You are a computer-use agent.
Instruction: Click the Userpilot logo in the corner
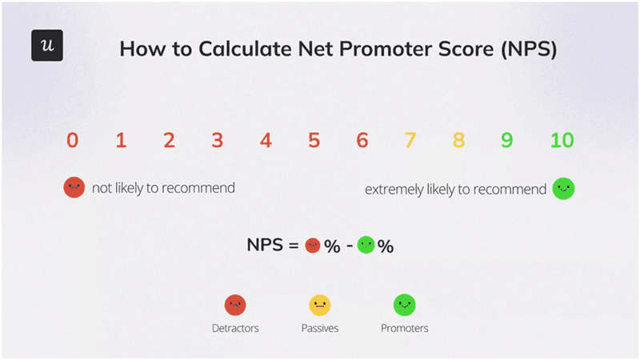(46, 46)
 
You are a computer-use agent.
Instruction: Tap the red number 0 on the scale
(73, 141)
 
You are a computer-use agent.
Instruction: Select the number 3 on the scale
(217, 141)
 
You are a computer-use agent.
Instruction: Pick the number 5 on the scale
(314, 141)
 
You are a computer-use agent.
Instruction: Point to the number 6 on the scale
(362, 141)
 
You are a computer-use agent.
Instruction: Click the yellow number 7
(410, 141)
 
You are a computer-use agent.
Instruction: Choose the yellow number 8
(458, 141)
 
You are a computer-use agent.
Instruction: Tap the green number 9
(506, 141)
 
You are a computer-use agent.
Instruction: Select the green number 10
(562, 141)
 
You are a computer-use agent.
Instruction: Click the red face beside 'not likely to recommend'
(74, 188)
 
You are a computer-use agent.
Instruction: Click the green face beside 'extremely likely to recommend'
(563, 189)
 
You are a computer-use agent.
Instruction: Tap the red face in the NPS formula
(313, 246)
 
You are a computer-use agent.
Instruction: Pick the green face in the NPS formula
(366, 246)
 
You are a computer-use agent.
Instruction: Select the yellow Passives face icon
(320, 305)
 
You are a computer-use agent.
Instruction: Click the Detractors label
(234, 328)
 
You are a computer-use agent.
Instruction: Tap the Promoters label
(404, 328)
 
